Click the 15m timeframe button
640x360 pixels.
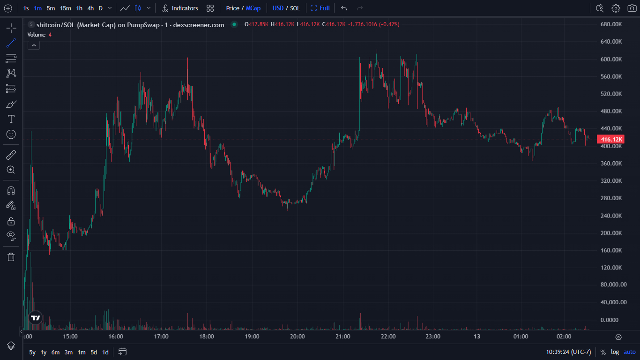(66, 8)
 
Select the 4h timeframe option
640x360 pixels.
(90, 8)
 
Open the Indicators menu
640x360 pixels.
(180, 8)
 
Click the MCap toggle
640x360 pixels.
(253, 8)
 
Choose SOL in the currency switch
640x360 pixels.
(295, 8)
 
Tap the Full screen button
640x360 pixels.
(320, 8)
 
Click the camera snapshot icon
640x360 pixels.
(632, 8)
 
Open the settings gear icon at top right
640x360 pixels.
(616, 8)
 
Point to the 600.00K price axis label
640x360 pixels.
(611, 59)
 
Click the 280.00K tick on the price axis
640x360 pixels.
(611, 198)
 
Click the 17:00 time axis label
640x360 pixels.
(161, 337)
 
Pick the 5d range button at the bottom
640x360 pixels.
(94, 352)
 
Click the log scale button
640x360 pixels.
(615, 352)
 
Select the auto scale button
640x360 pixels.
(630, 352)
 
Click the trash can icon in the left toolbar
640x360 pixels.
(11, 256)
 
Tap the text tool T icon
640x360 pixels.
(11, 119)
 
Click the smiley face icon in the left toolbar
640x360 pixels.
(11, 134)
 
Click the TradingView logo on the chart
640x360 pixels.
(36, 318)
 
